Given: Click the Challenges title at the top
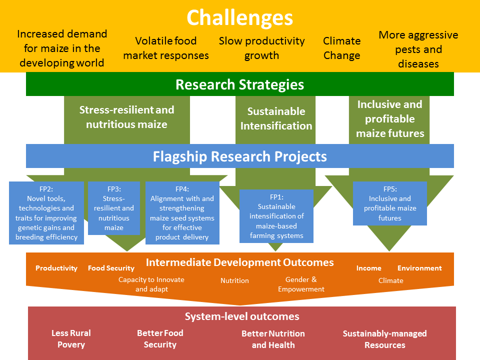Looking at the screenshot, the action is point(239,18).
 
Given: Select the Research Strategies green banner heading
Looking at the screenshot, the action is point(239,84).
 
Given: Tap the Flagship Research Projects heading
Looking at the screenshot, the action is point(239,156).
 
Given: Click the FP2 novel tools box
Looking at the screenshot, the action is point(46,213).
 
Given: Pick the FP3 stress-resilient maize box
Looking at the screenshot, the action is point(114,208).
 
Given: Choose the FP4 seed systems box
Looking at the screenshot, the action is point(182,213).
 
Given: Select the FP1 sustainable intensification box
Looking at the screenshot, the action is point(276,216).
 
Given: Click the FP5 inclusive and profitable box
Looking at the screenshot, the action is point(389,203).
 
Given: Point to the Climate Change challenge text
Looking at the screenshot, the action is point(342,48).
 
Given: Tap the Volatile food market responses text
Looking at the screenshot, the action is point(166,48).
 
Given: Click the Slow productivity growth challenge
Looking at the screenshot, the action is point(261,48).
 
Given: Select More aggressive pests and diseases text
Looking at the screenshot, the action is point(418,49).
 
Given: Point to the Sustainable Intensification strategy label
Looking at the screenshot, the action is point(276,118).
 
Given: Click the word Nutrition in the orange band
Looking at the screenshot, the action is point(235,280).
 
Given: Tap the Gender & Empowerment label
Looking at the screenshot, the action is point(301,284).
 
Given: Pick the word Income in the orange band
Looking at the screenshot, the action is point(369,268).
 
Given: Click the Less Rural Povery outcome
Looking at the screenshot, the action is point(71,338).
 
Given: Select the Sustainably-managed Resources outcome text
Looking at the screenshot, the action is point(385,339).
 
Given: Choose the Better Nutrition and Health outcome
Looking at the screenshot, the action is point(273,339).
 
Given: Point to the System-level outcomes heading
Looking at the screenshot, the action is point(242,316).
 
